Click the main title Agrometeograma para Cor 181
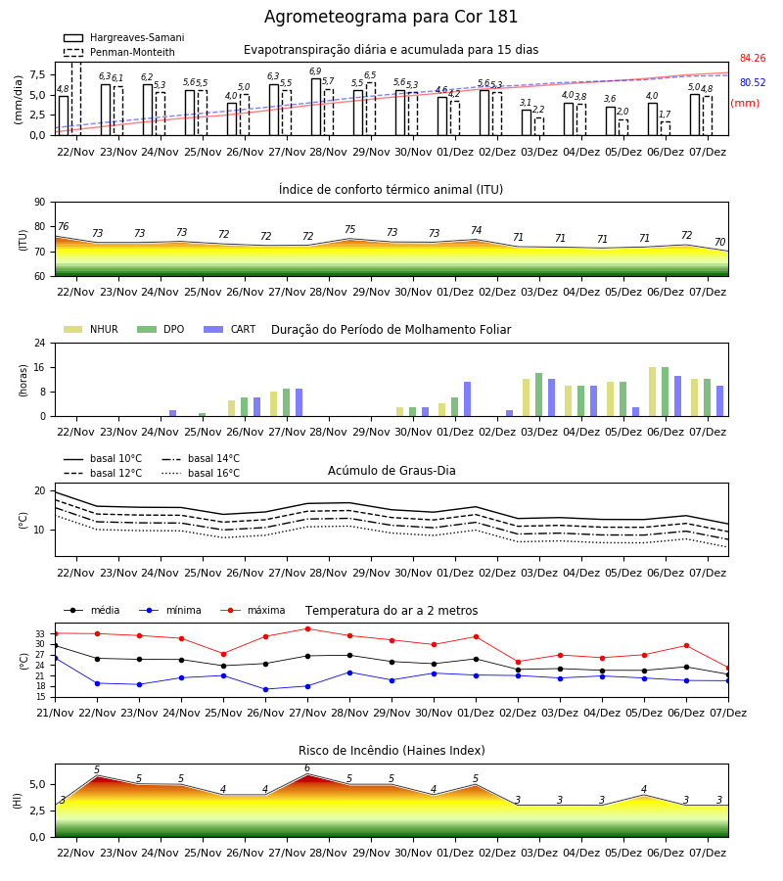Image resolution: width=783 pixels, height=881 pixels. point(391,17)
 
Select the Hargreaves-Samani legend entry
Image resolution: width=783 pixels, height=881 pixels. point(123,37)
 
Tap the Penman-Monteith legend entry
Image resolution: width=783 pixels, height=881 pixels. point(119,52)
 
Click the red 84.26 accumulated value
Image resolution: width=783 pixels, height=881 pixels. point(753,58)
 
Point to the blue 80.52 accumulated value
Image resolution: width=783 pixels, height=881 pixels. point(753,82)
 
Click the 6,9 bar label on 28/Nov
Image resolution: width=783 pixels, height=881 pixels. point(315,71)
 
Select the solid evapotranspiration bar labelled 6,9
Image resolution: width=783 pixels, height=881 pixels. point(316,107)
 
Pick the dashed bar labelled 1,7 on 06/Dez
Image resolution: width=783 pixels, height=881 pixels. point(666,128)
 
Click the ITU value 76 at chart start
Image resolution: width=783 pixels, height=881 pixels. point(63,226)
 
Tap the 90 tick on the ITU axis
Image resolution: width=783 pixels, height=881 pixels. point(40,203)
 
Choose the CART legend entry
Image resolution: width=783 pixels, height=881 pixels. point(230,329)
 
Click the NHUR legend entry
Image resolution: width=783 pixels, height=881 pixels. point(91,329)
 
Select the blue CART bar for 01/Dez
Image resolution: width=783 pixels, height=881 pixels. point(467,399)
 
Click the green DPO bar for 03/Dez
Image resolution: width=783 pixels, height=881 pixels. point(538,395)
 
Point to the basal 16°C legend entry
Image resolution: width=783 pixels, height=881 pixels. point(201,473)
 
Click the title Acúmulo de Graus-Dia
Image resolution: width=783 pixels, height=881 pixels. point(391,470)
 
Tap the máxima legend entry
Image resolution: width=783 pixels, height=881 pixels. point(253,610)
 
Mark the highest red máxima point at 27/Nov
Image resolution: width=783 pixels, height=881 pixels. point(307,628)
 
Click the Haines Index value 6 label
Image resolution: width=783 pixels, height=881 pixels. point(307,768)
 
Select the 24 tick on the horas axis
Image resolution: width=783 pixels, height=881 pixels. point(40,343)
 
